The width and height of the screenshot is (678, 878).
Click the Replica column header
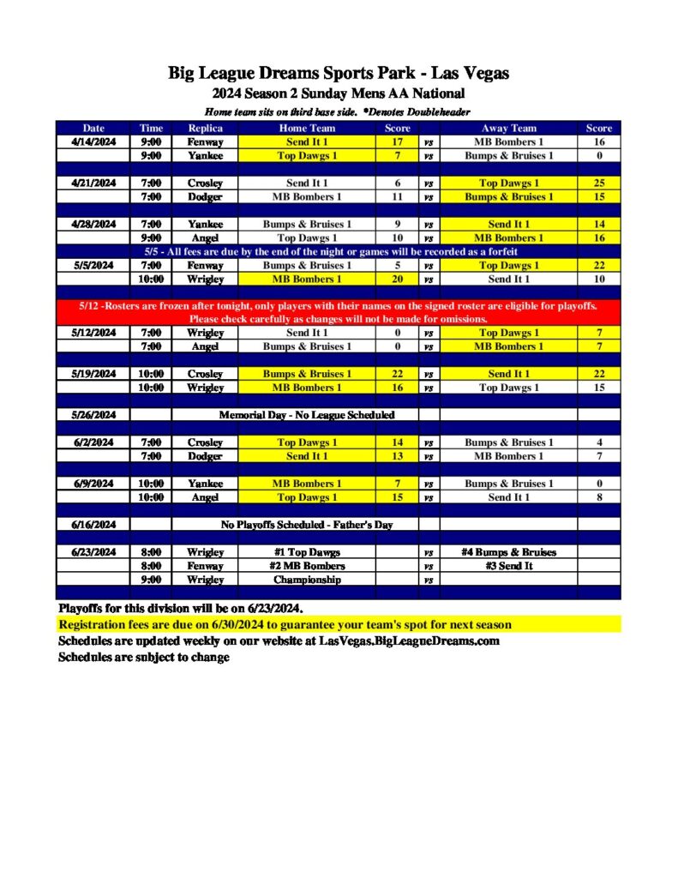tap(205, 129)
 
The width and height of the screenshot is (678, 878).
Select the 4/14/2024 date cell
tap(93, 142)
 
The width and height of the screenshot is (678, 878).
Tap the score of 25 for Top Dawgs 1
tap(599, 183)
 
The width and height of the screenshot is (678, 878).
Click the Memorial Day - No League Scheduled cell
tap(306, 415)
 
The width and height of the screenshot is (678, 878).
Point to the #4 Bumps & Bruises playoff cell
tap(508, 552)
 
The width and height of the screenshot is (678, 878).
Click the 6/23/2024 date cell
tap(93, 552)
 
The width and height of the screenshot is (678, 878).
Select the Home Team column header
tap(306, 129)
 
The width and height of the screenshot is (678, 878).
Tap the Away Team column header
tap(508, 129)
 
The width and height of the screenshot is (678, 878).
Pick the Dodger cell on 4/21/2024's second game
tap(205, 197)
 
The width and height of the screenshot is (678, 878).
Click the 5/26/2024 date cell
tap(93, 415)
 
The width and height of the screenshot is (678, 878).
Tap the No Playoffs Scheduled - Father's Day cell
tap(306, 525)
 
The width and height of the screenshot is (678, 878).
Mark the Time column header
tap(151, 129)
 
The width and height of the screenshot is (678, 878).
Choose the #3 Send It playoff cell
tap(508, 566)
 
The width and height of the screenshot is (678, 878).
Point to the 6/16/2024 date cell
tap(93, 525)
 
